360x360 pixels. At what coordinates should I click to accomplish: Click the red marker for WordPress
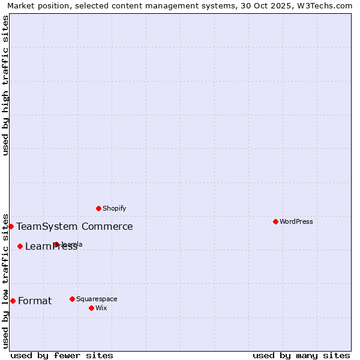(275, 221)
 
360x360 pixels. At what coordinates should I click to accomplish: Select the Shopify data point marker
(98, 208)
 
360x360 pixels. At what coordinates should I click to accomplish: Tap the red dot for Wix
(91, 308)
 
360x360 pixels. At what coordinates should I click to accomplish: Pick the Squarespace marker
(72, 299)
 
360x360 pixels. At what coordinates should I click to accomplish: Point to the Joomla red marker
(56, 244)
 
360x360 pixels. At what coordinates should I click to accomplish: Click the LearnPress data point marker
(20, 246)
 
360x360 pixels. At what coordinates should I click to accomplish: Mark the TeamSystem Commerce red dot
(11, 226)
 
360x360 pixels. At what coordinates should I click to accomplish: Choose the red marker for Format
(13, 301)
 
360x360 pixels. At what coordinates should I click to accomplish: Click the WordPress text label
(296, 221)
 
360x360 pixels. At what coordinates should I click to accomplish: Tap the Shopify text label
(114, 208)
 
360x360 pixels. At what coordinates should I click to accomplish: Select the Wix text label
(101, 308)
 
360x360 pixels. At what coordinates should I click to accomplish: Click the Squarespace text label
(97, 299)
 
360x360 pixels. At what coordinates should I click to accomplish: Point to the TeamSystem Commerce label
(74, 226)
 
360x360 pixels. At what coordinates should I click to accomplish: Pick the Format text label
(35, 301)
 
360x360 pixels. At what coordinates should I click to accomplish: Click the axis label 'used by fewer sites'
(62, 355)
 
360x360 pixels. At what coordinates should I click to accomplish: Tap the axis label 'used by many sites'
(301, 355)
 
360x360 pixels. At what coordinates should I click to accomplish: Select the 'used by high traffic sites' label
(5, 85)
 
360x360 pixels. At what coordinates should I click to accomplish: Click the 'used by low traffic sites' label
(5, 280)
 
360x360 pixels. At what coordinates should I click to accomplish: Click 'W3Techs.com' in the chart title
(328, 5)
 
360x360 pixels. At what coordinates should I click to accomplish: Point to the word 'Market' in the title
(21, 5)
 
